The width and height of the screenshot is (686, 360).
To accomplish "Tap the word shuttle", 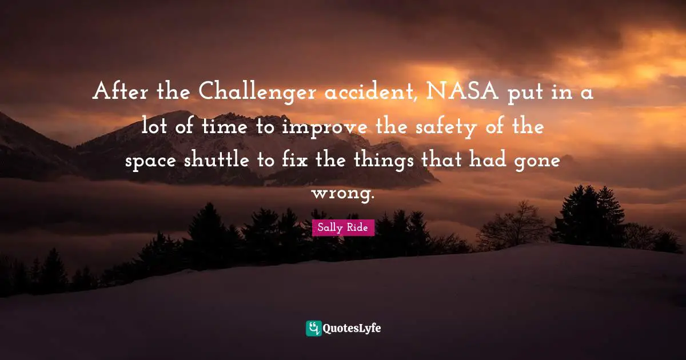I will point(217,161).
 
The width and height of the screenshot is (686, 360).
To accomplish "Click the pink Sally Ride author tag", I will point(343,227).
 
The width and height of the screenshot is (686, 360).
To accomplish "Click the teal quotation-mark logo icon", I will point(313,328).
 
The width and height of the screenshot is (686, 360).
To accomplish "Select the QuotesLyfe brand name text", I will point(352,328).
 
